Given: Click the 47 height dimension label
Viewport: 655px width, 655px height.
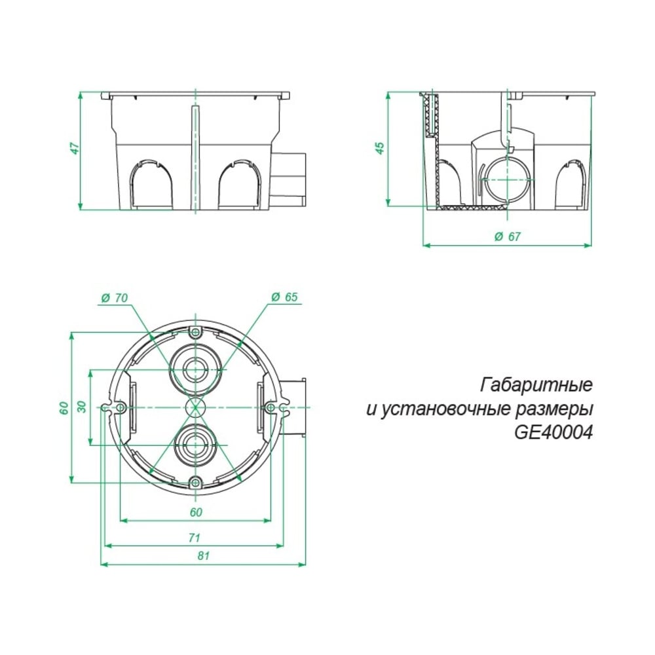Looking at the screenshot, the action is point(75,148).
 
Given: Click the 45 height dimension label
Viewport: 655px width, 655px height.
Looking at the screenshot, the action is point(380,148).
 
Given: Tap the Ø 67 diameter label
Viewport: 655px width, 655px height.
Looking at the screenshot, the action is point(508,236).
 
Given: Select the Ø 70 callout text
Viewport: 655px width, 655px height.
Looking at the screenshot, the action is point(115,298).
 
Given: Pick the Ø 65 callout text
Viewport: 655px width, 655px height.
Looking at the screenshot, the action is point(284,297).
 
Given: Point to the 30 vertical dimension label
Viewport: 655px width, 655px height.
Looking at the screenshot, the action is point(82,407).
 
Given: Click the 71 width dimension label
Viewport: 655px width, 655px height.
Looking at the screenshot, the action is point(194,537).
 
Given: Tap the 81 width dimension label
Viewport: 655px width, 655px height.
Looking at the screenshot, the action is point(204,555).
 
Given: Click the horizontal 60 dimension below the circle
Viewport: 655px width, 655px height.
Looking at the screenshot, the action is point(196,512).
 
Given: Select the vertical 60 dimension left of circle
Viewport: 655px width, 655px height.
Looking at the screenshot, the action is point(64,407).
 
